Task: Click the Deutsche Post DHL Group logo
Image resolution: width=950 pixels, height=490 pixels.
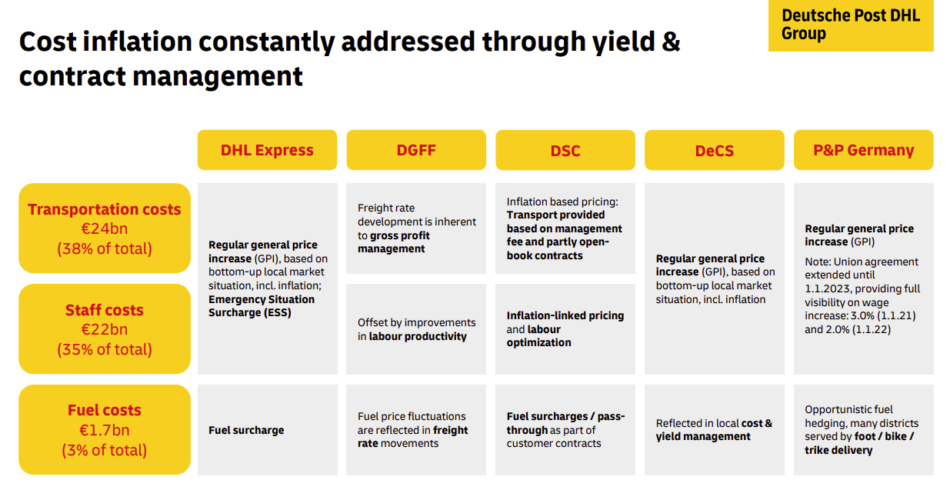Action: (851, 25)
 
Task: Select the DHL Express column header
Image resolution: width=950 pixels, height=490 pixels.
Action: (267, 150)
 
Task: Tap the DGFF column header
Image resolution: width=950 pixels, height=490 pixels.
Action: (416, 150)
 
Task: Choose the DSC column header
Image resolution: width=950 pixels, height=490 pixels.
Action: (565, 150)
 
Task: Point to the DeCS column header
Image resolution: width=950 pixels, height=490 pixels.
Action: (714, 150)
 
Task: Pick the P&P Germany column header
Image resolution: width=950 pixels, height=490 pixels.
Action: (864, 150)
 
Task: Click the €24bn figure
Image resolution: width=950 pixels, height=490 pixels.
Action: (105, 229)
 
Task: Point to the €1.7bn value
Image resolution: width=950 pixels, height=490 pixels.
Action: (105, 430)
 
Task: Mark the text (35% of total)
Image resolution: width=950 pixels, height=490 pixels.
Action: (105, 349)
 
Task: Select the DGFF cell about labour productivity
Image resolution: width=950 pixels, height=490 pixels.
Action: (416, 329)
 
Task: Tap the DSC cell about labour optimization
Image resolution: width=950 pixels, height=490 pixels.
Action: (565, 329)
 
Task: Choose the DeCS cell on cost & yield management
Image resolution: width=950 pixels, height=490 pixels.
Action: (715, 430)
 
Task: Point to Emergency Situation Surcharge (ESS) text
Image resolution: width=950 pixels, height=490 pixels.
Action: (262, 306)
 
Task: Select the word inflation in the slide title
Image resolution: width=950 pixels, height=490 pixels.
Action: (138, 42)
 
